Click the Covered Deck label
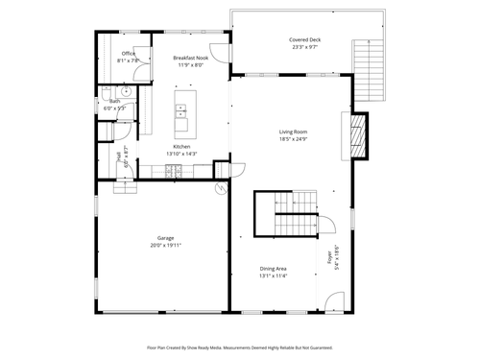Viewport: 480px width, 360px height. click(304, 40)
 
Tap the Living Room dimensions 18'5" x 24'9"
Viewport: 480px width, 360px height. click(293, 139)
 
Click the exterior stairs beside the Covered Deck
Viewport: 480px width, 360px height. click(369, 72)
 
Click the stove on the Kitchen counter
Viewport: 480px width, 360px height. click(175, 172)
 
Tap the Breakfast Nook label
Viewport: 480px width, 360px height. click(190, 59)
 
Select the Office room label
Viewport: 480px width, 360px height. click(128, 54)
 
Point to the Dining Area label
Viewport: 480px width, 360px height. click(274, 269)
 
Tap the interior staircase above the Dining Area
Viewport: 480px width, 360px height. click(285, 213)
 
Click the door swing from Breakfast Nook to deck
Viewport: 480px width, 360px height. click(220, 55)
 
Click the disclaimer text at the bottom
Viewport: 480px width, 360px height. click(240, 348)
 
